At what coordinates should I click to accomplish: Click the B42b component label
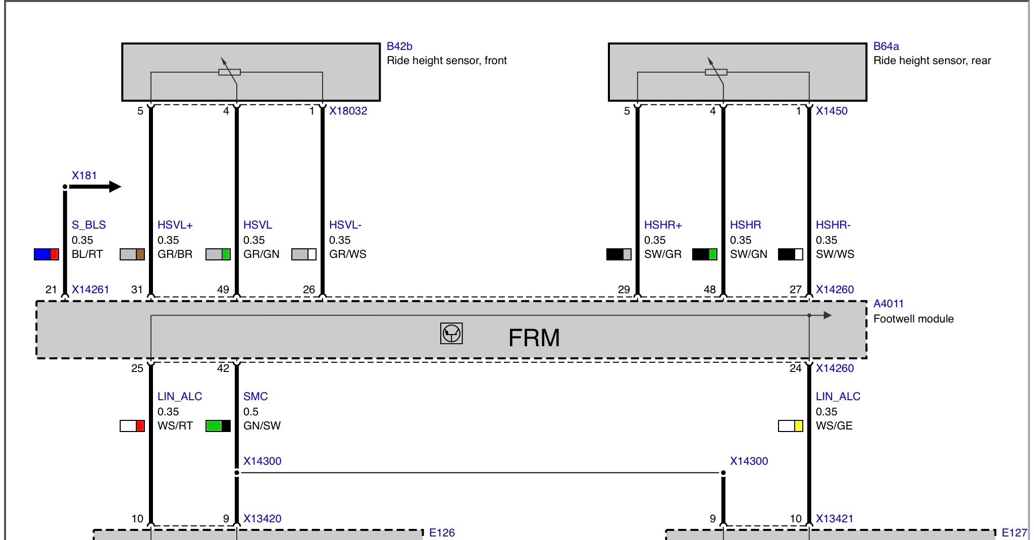399,46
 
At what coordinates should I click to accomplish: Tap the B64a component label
886,46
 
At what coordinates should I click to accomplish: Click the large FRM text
534,338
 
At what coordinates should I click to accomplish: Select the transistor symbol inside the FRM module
451,334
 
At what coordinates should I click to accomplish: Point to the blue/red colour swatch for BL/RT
46,254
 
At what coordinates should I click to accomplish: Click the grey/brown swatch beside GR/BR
132,254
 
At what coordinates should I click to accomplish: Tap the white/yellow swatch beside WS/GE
791,425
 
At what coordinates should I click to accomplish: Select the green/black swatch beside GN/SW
218,425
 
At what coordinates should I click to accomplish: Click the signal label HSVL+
175,225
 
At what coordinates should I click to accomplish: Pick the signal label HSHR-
833,225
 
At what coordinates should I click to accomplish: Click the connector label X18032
348,111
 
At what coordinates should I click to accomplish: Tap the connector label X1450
832,111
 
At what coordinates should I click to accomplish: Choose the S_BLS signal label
89,225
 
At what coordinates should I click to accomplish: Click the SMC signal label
255,397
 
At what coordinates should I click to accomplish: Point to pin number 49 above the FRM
223,290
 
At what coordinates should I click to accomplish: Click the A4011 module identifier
889,304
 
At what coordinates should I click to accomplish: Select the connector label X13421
835,518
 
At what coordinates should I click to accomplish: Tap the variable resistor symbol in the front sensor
229,72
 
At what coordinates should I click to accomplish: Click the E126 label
442,532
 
